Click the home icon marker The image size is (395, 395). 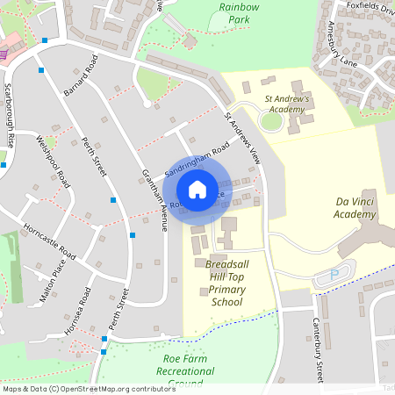197,190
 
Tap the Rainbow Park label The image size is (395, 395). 240,12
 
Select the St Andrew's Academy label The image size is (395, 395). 287,104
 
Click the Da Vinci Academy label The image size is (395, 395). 355,208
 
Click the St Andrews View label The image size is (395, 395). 242,138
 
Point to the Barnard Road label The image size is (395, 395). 78,75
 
